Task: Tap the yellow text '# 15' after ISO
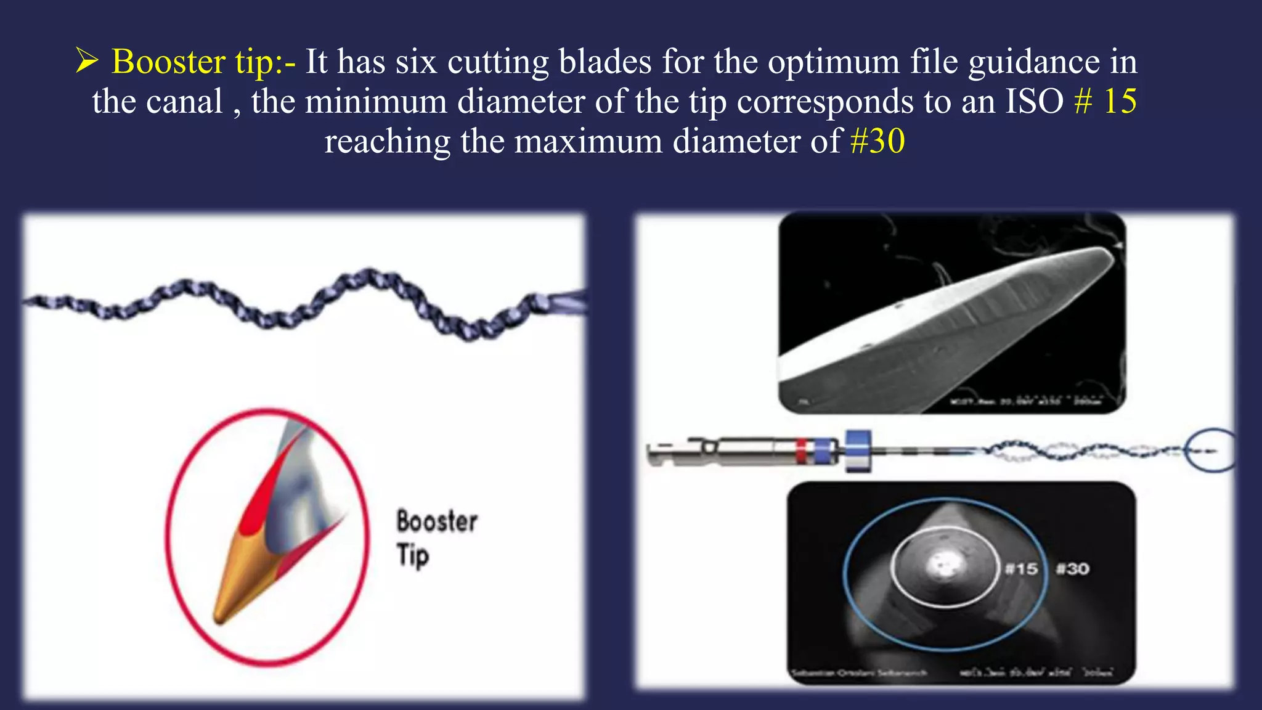[x=1105, y=101]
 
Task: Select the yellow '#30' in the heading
[x=877, y=141]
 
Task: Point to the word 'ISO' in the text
[x=1035, y=101]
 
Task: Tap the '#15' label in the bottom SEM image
[x=1021, y=569]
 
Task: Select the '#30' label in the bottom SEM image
[x=1072, y=569]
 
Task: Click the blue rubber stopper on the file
[x=858, y=451]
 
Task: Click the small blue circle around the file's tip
[x=1210, y=451]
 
